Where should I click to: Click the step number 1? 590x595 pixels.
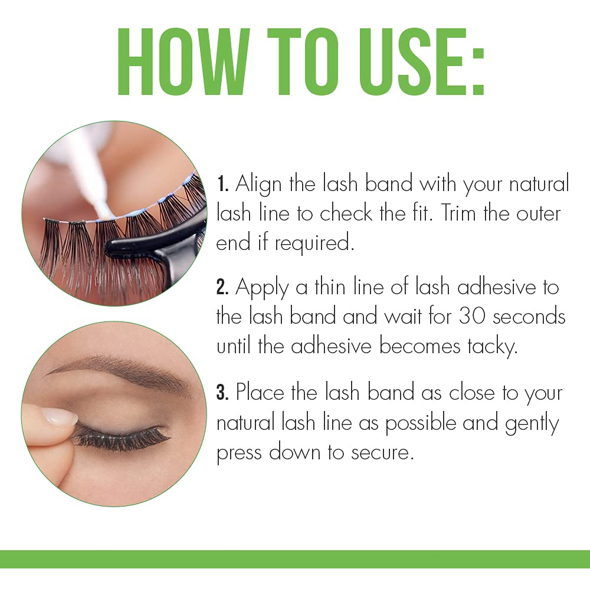[x=222, y=184]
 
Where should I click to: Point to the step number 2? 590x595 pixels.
[x=222, y=287]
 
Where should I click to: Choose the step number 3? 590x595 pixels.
[x=222, y=392]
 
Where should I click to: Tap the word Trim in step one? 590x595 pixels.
[x=458, y=213]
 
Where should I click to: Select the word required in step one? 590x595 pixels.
[x=314, y=244]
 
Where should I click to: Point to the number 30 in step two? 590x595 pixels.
[x=472, y=316]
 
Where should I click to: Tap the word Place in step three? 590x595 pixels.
[x=260, y=392]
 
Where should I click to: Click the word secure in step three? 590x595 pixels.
[x=382, y=453]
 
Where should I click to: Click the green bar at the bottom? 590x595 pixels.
[x=295, y=559]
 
